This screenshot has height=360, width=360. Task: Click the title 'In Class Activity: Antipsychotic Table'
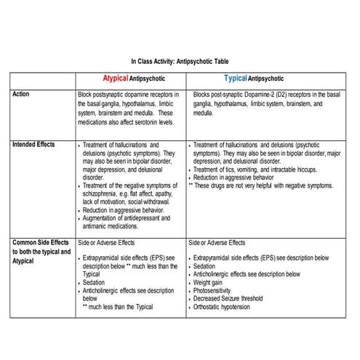pos(180,62)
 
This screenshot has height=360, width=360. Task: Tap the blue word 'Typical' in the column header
pos(235,78)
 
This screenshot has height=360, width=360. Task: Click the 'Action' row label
pos(22,94)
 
